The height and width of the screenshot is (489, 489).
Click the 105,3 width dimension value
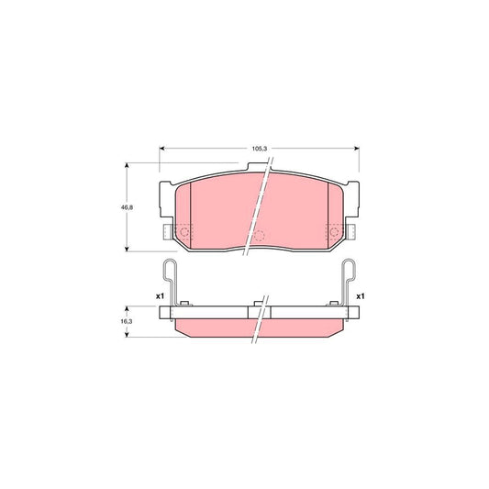click(x=260, y=149)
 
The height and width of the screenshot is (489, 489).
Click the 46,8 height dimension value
click(x=127, y=207)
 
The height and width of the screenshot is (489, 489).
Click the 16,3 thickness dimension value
click(x=127, y=321)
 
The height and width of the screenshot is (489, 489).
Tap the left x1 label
click(x=160, y=296)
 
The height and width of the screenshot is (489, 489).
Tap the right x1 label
click(x=361, y=296)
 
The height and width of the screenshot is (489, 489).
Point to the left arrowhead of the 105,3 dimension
click(x=161, y=149)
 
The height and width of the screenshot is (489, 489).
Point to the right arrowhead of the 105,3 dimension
click(x=357, y=149)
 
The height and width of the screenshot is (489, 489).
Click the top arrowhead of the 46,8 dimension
click(x=127, y=165)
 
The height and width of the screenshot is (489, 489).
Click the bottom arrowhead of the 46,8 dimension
click(x=127, y=249)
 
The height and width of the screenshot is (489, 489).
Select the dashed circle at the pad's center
click(x=259, y=236)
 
